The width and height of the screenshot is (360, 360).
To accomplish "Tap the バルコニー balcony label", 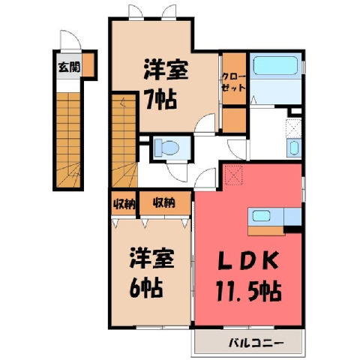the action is (256, 343).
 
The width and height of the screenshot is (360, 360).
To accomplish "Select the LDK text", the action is (248, 261).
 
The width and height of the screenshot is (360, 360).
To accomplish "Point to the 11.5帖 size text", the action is (248, 292).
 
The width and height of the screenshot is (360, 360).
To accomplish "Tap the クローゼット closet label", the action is (234, 82).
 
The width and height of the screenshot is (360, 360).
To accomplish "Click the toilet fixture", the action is (166, 148).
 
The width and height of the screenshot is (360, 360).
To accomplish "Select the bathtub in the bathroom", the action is (275, 65).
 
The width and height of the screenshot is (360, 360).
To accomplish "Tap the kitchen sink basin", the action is (262, 215).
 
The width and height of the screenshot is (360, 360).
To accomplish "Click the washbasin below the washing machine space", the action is (294, 148).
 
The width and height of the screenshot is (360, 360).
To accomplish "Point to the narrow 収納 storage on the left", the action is (124, 203).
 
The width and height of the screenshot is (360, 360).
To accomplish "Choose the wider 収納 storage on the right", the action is (165, 203).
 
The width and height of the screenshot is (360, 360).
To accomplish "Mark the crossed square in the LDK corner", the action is (233, 175).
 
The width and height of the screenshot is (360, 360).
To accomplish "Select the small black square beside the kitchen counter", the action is (293, 229).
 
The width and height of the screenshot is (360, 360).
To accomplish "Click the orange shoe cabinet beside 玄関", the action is (88, 65).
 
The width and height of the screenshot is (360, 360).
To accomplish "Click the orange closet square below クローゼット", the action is (234, 121).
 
